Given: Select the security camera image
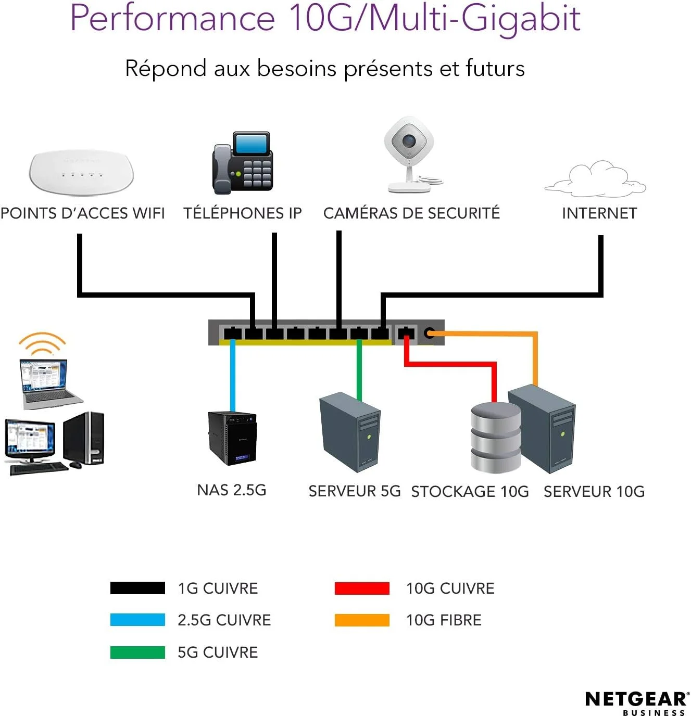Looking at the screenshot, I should click(411, 154).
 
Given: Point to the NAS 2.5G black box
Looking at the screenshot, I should click(232, 438).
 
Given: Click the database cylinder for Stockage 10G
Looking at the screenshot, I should click(495, 437).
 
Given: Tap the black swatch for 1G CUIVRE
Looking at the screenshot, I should click(137, 588).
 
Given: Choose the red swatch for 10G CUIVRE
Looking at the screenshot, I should click(362, 588).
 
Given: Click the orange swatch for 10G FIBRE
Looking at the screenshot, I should click(362, 620).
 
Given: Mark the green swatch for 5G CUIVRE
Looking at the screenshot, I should click(137, 652).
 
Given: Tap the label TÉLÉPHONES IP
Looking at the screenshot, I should click(242, 213).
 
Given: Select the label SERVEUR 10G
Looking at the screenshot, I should click(594, 492).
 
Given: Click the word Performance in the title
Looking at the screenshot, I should click(172, 18).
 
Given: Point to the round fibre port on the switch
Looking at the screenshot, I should click(429, 333).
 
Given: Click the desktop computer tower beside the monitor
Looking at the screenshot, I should click(85, 438).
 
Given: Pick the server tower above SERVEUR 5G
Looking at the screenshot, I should click(350, 432).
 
